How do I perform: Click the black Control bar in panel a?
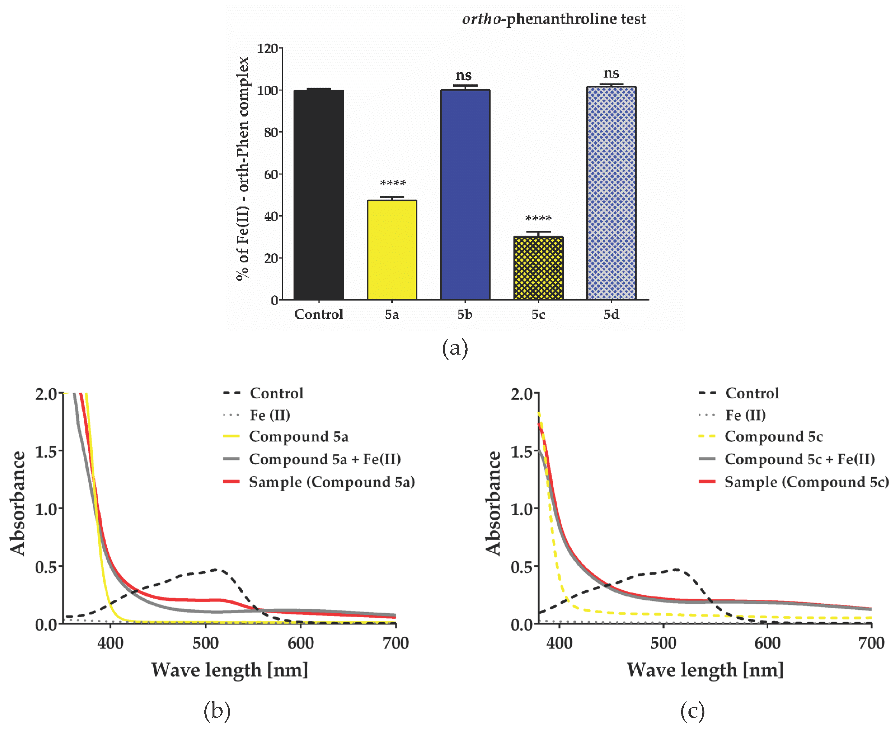[x=319, y=195]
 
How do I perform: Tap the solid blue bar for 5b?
[x=465, y=195]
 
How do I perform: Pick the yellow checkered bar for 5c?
[x=538, y=268]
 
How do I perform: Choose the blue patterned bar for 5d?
[x=611, y=193]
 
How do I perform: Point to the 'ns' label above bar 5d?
[x=611, y=74]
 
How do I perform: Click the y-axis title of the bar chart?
[x=243, y=168]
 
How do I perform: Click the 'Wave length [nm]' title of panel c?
[x=705, y=670]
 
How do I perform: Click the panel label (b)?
[x=217, y=711]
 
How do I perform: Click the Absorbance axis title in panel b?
[x=18, y=503]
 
